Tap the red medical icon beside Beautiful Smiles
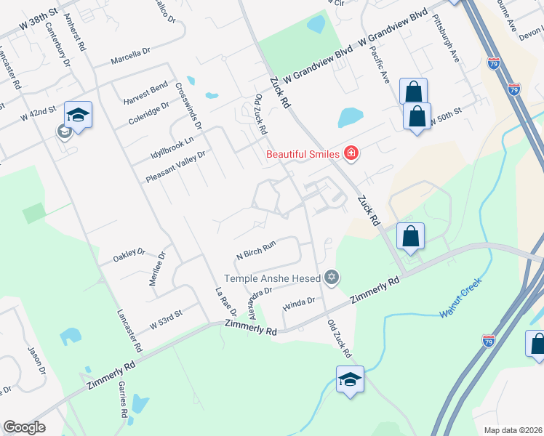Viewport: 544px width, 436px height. [351, 153]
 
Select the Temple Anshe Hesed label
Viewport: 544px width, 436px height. [273, 278]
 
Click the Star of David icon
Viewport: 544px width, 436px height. [332, 276]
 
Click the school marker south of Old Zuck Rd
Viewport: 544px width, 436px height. [350, 379]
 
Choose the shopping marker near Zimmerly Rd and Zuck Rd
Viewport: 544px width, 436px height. [411, 236]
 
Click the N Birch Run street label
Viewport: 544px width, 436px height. [256, 251]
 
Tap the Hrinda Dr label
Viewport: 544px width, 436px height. [299, 302]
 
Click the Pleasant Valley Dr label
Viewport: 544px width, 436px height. [176, 166]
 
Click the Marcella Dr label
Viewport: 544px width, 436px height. [130, 56]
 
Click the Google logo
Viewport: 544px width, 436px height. [24, 427]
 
